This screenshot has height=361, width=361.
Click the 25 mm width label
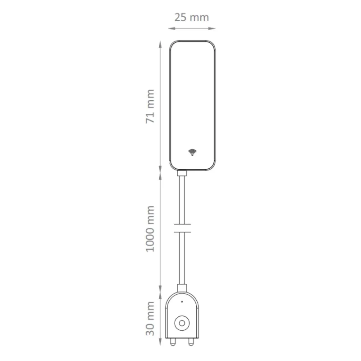click(191, 18)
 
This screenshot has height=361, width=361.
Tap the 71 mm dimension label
click(150, 106)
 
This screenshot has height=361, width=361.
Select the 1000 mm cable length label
click(150, 229)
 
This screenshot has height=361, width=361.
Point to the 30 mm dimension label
click(150, 319)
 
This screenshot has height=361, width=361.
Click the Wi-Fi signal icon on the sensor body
click(192, 152)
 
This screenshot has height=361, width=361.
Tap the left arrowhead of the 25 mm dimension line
click(172, 28)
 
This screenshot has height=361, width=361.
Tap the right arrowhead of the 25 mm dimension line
click(212, 28)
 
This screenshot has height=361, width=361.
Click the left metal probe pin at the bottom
click(172, 342)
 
